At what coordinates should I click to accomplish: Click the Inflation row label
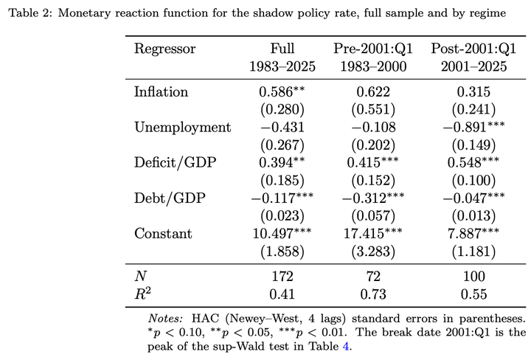(x=161, y=91)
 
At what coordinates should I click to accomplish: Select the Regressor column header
(x=164, y=49)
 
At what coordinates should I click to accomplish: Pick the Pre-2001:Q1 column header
(x=373, y=49)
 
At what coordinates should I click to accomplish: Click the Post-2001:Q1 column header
(x=473, y=49)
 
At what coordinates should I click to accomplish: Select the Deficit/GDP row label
(x=175, y=162)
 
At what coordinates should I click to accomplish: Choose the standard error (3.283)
(x=373, y=252)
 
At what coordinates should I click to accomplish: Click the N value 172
(x=282, y=277)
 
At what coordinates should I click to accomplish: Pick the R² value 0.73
(x=373, y=294)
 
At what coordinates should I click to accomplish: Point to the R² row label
(x=142, y=294)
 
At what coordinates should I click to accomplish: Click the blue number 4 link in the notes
(x=345, y=347)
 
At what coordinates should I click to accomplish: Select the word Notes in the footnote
(x=165, y=319)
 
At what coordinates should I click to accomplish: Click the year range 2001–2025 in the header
(x=473, y=66)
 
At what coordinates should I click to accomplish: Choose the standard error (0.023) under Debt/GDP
(x=282, y=216)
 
